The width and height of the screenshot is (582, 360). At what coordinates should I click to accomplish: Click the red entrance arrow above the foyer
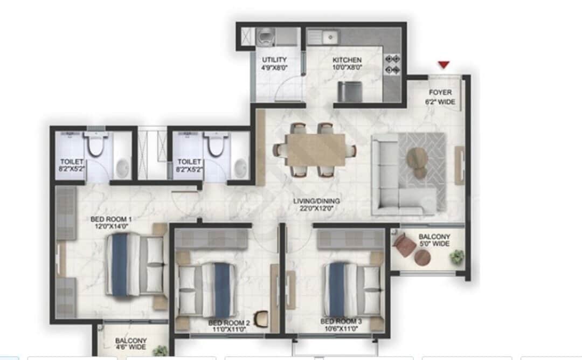[444, 65]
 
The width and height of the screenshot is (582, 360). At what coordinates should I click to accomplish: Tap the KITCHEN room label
[347, 64]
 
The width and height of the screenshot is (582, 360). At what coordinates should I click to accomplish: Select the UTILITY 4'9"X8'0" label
[275, 64]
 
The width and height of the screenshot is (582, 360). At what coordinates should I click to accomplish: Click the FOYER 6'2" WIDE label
[440, 97]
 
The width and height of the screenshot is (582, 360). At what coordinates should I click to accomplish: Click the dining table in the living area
[315, 150]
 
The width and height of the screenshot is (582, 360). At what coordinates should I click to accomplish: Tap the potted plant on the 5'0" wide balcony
[457, 257]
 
